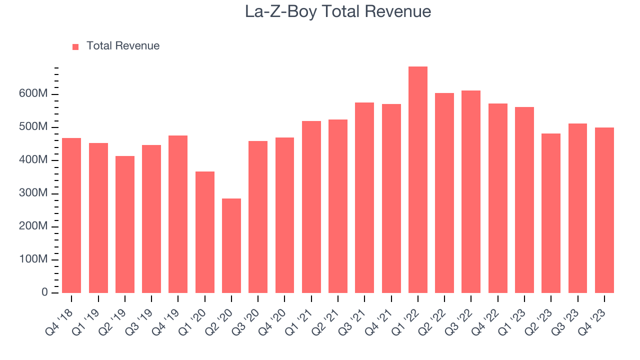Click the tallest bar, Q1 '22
(x=418, y=180)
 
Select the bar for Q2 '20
(x=231, y=245)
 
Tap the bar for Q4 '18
(x=71, y=215)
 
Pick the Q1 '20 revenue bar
(x=205, y=232)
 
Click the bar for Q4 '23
(x=604, y=210)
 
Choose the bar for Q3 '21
(x=364, y=197)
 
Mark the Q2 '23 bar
(x=551, y=213)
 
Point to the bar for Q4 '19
(x=178, y=214)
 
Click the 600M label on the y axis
(x=33, y=94)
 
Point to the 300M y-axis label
(x=33, y=193)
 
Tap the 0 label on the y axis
(x=44, y=292)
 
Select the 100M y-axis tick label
(x=33, y=259)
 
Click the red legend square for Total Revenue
(x=75, y=46)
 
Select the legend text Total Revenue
(x=123, y=46)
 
